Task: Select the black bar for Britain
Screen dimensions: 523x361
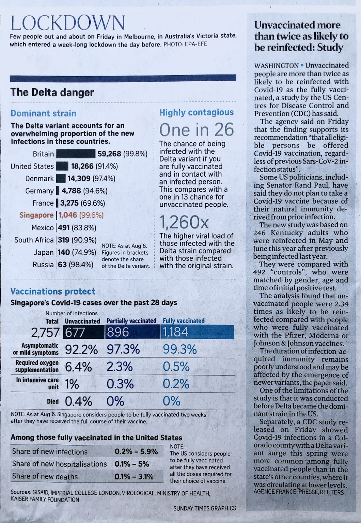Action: [76, 154]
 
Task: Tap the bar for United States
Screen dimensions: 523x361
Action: [62, 166]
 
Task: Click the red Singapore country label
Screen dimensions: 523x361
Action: [36, 215]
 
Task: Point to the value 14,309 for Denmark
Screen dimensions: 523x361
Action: [79, 178]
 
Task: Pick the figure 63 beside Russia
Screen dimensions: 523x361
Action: [62, 265]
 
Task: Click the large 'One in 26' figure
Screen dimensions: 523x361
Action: [197, 129]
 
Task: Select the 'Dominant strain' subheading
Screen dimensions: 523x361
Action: [43, 113]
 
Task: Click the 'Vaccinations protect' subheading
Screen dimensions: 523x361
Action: [53, 291]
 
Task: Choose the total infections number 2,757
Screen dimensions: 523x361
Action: [45, 332]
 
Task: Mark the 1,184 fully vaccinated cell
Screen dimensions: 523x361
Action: [176, 332]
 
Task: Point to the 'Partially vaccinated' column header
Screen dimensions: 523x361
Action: [131, 321]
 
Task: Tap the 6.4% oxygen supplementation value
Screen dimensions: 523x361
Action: [78, 367]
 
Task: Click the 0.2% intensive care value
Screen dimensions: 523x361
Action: [176, 384]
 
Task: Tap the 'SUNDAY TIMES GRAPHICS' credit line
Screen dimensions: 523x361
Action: [204, 508]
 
